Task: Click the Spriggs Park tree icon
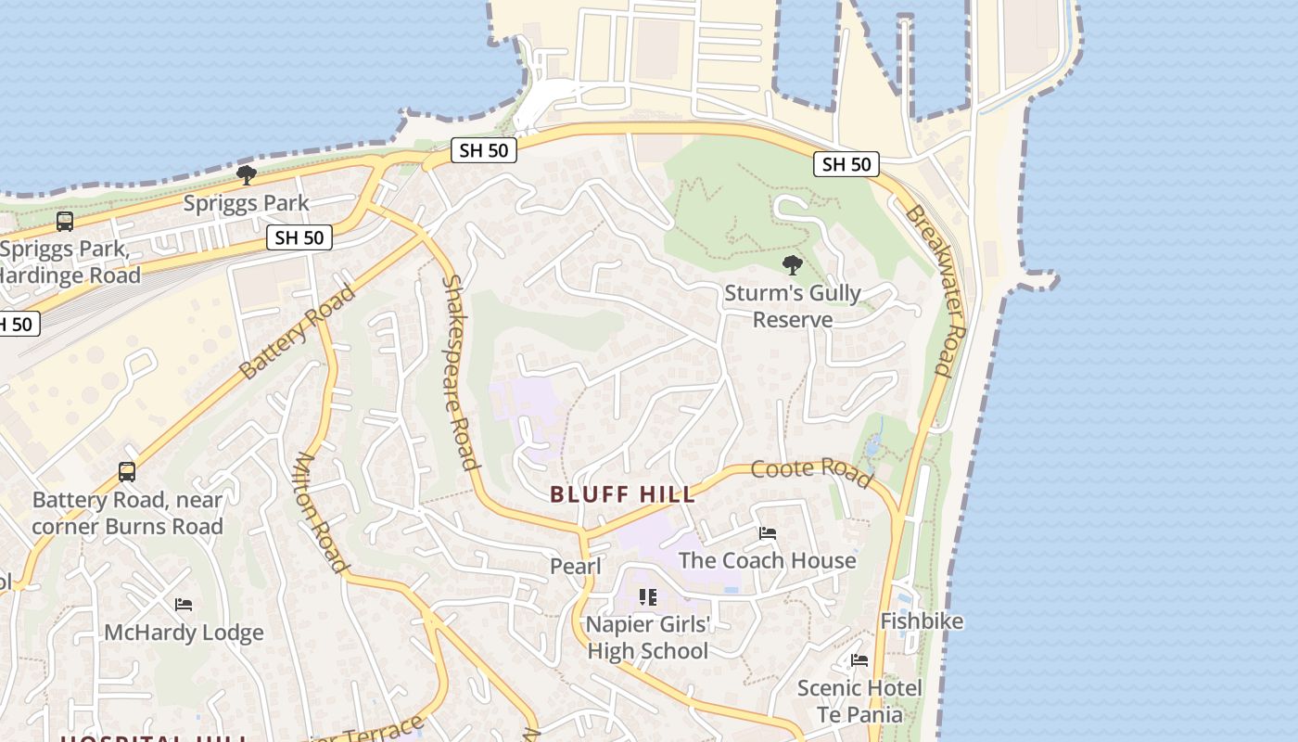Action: pos(246,174)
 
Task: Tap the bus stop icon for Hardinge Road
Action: pos(65,222)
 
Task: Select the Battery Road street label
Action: pos(297,332)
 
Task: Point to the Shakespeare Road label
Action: pos(460,372)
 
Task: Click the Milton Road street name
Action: pos(320,512)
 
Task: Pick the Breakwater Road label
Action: pos(936,289)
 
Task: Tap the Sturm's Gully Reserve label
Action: pos(792,306)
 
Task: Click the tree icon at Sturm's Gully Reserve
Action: pos(792,265)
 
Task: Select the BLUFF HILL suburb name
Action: pos(623,494)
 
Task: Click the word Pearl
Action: pos(576,566)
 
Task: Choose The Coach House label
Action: pos(767,560)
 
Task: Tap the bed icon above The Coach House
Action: pos(768,533)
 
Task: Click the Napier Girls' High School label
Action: pos(648,637)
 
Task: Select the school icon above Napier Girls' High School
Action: pos(648,597)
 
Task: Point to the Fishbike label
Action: pos(922,621)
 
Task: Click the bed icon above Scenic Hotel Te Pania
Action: pos(859,660)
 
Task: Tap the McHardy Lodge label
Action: pos(184,633)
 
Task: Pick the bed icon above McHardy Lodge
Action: pos(184,605)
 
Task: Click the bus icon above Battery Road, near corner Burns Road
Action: pos(127,472)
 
